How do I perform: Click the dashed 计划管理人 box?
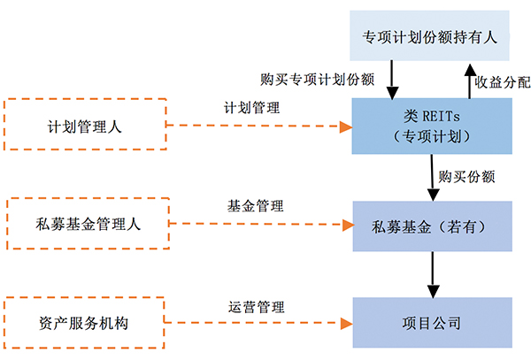pyautogui.click(x=85, y=126)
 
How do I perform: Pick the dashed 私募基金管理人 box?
pyautogui.click(x=85, y=224)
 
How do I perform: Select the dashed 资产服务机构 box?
pyautogui.click(x=85, y=323)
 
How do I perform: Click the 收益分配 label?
pyautogui.click(x=502, y=82)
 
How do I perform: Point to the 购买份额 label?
pyautogui.click(x=466, y=176)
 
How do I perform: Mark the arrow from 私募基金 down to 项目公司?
pyautogui.click(x=432, y=273)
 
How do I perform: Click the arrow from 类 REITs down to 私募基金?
pyautogui.click(x=432, y=177)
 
